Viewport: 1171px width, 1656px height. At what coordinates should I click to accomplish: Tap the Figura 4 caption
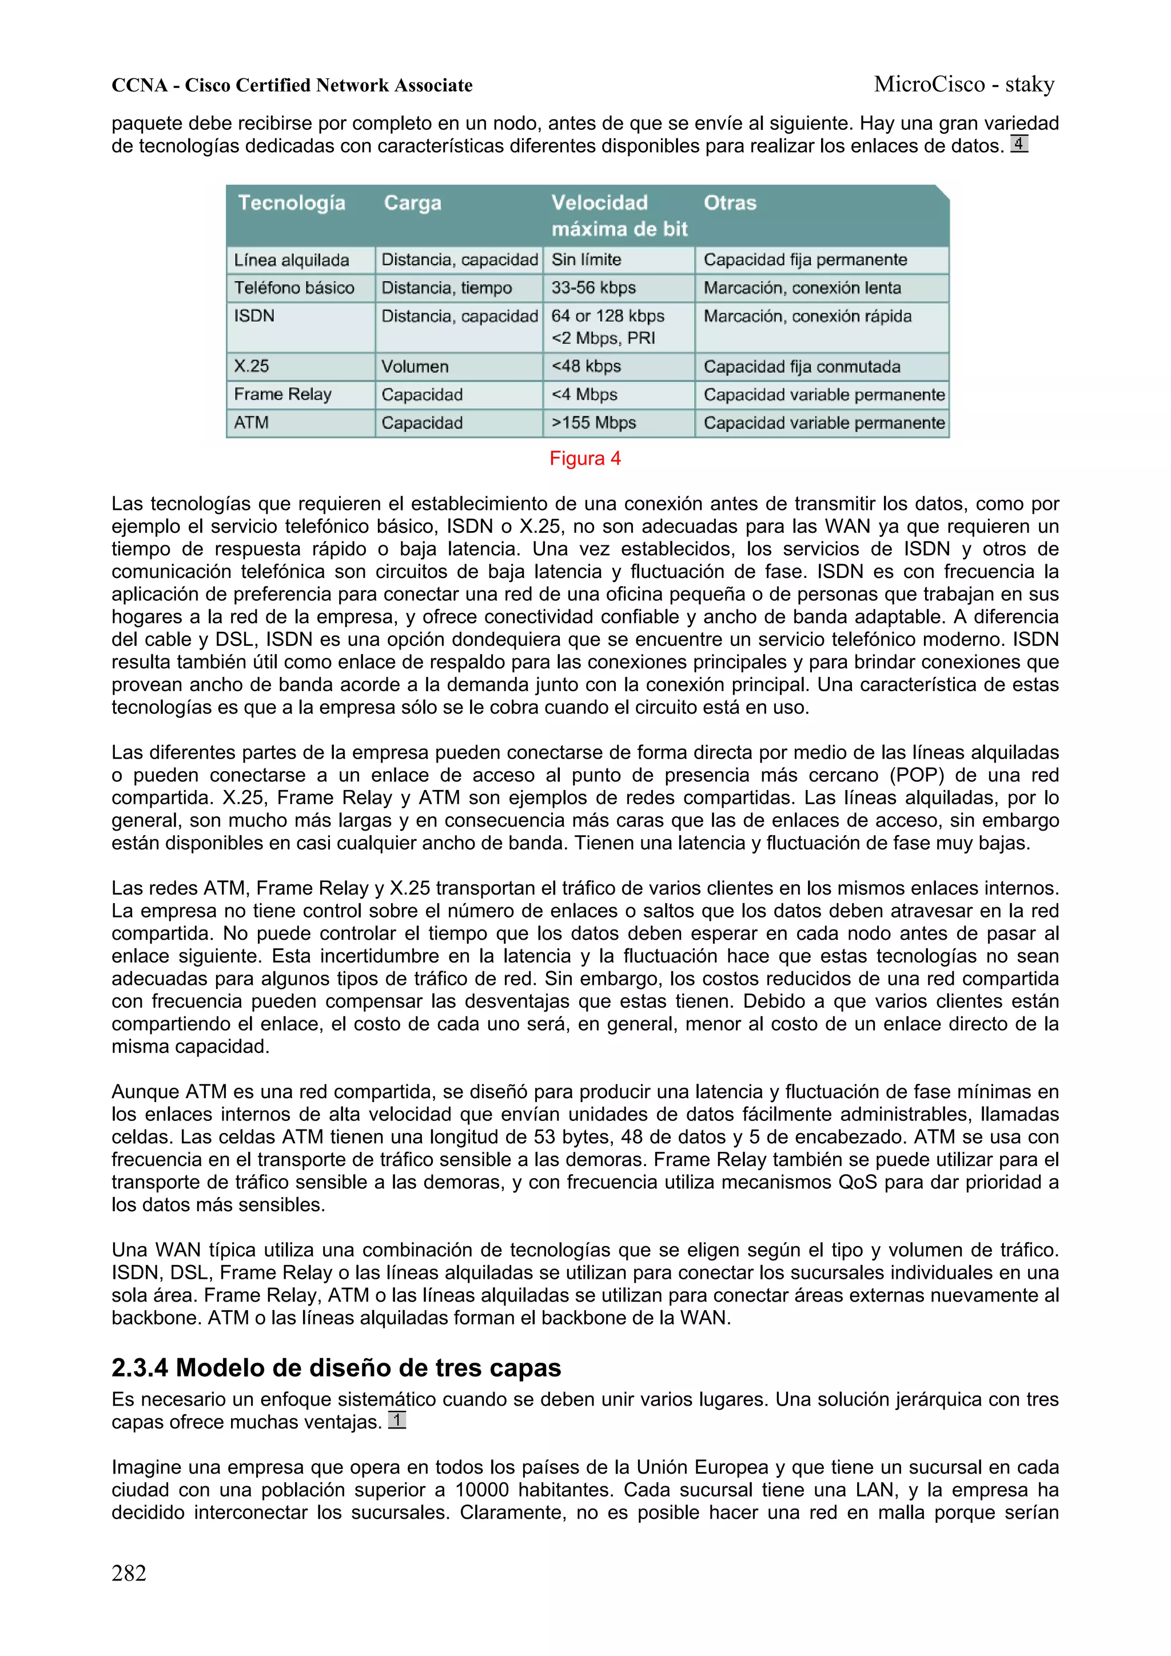click(x=584, y=458)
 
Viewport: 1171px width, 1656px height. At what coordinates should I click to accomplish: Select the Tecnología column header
click(x=292, y=203)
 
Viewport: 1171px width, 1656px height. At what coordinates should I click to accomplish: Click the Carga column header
click(x=412, y=203)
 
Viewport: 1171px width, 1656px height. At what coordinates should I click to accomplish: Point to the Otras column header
click(x=730, y=203)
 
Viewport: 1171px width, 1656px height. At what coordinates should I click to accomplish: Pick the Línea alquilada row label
click(x=292, y=260)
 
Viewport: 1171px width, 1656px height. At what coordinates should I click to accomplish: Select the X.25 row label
click(x=251, y=366)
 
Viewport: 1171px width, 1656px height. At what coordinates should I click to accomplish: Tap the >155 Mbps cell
click(x=593, y=424)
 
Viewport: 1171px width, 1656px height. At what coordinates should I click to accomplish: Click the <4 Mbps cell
click(x=584, y=394)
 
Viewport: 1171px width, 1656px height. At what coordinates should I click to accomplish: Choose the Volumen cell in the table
click(x=415, y=366)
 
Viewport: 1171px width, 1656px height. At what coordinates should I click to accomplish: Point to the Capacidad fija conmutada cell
click(x=802, y=366)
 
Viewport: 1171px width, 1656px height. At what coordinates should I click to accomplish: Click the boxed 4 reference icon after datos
click(x=1018, y=144)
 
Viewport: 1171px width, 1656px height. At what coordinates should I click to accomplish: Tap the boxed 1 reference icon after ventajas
click(x=397, y=1420)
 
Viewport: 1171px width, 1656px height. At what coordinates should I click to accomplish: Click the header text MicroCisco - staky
click(x=964, y=85)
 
